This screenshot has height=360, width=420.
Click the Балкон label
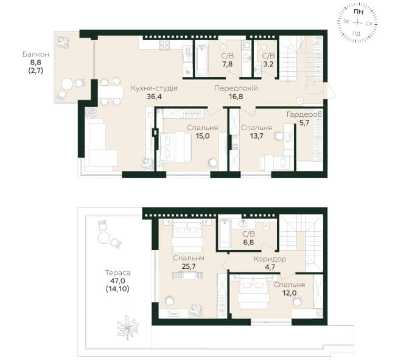click(x=36, y=54)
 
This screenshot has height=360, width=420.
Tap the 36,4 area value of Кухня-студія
click(x=154, y=97)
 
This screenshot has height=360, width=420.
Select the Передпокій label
click(x=236, y=88)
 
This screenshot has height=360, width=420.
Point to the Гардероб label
click(x=304, y=114)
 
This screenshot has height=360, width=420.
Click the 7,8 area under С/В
click(x=227, y=64)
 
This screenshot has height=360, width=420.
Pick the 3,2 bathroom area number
click(x=268, y=64)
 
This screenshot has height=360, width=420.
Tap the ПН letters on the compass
click(x=358, y=12)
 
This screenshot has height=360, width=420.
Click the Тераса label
click(x=117, y=273)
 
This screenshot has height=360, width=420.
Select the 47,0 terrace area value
click(x=117, y=281)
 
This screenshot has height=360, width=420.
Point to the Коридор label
click(x=270, y=259)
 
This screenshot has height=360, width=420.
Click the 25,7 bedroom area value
click(x=188, y=266)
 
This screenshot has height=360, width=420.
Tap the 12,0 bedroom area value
click(x=289, y=293)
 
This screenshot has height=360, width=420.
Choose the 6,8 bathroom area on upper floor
click(x=248, y=243)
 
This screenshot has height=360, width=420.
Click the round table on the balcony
click(x=67, y=85)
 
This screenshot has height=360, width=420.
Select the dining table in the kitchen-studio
click(x=111, y=92)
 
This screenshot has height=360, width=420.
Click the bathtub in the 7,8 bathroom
click(x=201, y=60)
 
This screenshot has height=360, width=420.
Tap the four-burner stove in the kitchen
click(x=164, y=46)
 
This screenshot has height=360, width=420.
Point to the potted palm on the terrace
click(x=128, y=328)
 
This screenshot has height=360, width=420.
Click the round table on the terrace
click(x=103, y=238)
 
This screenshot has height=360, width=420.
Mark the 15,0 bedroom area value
click(x=203, y=136)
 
